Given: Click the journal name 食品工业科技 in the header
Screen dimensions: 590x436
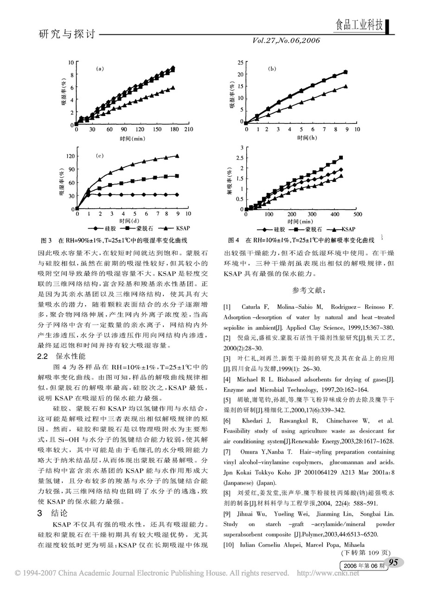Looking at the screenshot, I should coord(359,26).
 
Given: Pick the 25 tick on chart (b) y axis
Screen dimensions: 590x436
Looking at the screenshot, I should coord(240,63).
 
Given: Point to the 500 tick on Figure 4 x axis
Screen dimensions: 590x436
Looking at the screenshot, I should coord(358,214).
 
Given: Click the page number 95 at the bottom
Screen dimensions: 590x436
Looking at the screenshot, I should coord(393,563).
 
